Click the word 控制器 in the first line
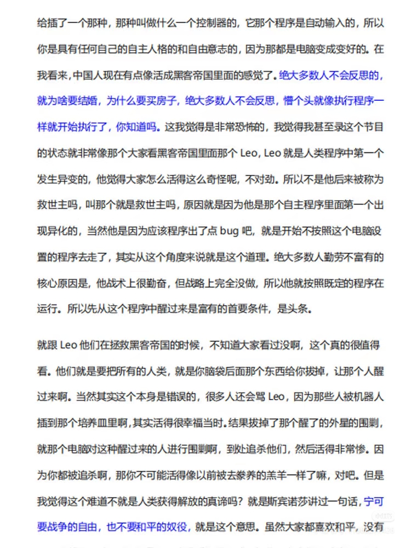coord(209,22)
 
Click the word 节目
coord(372,127)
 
